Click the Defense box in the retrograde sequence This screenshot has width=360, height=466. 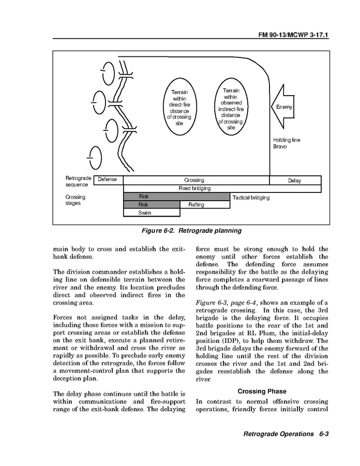tap(108, 180)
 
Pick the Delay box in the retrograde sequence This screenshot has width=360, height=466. tap(295, 181)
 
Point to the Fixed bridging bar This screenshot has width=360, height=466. tap(194, 188)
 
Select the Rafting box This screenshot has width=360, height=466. tap(196, 205)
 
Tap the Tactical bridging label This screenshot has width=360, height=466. tap(251, 197)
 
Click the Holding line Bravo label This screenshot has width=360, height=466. tap(286, 143)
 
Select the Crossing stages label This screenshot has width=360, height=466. tap(75, 200)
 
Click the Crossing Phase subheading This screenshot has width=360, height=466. tap(262, 392)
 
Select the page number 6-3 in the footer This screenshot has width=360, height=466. tap(324, 433)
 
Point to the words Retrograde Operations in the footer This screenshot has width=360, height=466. tap(278, 433)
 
